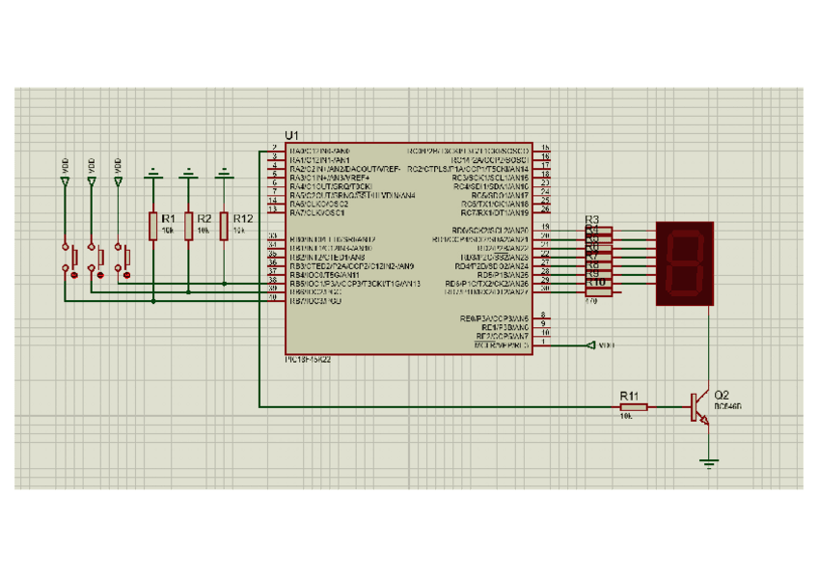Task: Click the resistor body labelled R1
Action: coord(152,225)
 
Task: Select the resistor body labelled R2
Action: coord(189,225)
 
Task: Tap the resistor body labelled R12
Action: coord(225,225)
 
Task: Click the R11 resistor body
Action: coord(633,407)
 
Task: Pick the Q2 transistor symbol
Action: coord(699,407)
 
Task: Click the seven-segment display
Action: coord(685,262)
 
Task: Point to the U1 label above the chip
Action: coord(292,135)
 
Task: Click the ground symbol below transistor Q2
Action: coord(710,463)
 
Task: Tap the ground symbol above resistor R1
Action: coord(152,175)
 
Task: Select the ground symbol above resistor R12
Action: coord(225,175)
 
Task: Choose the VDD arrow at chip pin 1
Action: coord(591,344)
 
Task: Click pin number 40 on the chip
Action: coord(273,296)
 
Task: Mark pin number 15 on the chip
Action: coord(546,147)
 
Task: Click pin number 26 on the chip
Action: coord(546,208)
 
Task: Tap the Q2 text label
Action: coord(720,395)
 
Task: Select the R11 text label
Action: coord(629,396)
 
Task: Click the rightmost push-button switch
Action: coord(125,259)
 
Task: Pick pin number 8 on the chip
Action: coord(545,315)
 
